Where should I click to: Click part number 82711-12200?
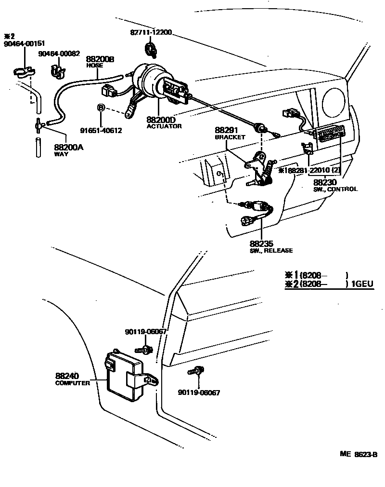coord(151,32)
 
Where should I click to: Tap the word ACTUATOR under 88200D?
coord(164,126)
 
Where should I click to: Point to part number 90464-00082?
coord(59,54)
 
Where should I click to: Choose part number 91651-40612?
coord(101,130)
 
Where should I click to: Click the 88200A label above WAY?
coord(69,148)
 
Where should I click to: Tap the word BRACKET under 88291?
coord(230,137)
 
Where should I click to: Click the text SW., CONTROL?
coord(335,189)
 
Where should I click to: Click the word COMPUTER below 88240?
coord(73,383)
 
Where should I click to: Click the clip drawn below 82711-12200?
coord(151,48)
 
